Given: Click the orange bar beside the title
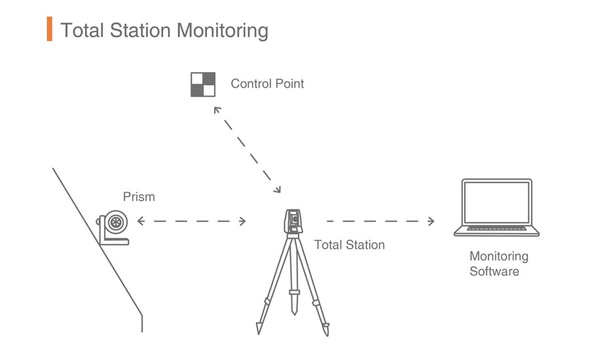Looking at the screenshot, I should [49, 30].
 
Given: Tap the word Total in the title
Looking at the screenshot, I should [82, 31].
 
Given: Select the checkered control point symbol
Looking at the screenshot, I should [203, 84].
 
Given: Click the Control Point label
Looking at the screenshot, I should [267, 84].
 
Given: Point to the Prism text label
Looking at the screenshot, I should [139, 196].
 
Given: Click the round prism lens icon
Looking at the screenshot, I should [116, 222].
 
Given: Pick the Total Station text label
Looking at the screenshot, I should [349, 245].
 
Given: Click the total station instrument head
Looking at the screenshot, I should [294, 221].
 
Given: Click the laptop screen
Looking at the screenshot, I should [496, 202].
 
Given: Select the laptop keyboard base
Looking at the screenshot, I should [497, 230].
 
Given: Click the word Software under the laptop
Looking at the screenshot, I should [494, 271].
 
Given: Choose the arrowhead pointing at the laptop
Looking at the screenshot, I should [431, 221].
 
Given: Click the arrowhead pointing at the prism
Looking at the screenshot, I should [140, 221].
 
